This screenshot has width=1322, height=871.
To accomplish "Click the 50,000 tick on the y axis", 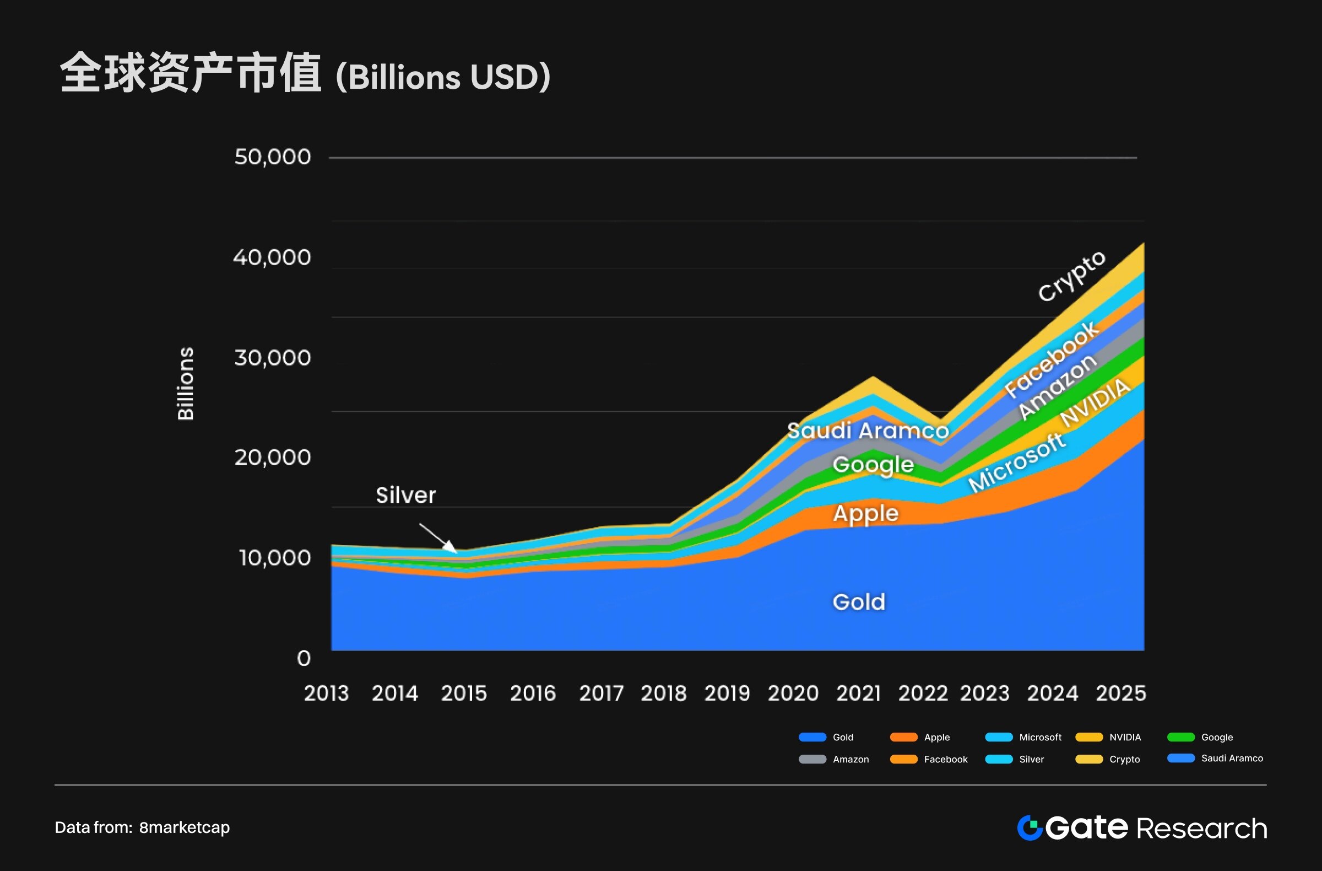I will pyautogui.click(x=272, y=157).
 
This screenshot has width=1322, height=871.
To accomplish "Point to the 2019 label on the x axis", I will pyautogui.click(x=727, y=693).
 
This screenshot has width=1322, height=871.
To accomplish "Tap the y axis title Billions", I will pyautogui.click(x=186, y=384).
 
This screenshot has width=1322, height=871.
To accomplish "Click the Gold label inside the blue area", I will pyautogui.click(x=859, y=602).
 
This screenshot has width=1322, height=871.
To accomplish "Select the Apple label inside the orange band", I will pyautogui.click(x=865, y=513).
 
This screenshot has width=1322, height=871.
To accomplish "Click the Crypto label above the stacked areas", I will pyautogui.click(x=1071, y=276).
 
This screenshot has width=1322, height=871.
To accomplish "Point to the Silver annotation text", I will pyautogui.click(x=405, y=495).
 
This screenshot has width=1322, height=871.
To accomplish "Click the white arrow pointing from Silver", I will pyautogui.click(x=438, y=538).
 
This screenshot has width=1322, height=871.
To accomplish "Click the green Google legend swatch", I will pyautogui.click(x=1181, y=737).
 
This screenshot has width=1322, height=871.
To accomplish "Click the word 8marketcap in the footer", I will pyautogui.click(x=185, y=827).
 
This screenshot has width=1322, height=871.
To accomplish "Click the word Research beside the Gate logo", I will pyautogui.click(x=1202, y=828).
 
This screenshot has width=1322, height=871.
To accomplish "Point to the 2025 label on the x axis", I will pyautogui.click(x=1120, y=693).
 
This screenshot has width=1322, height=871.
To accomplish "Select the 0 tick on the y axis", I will pyautogui.click(x=304, y=658).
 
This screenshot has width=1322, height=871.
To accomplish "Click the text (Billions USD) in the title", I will pyautogui.click(x=443, y=77).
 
